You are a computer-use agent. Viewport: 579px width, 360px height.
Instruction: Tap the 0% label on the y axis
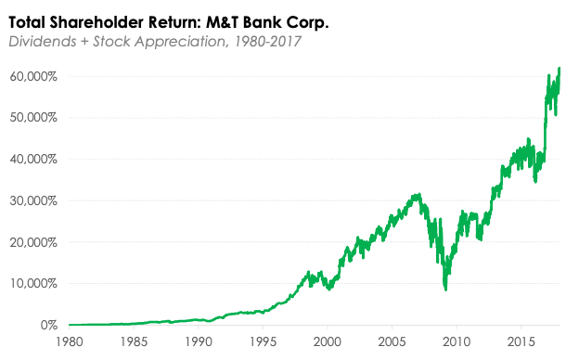tap(49, 326)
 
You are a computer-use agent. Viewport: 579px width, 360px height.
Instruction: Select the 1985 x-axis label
tap(134, 341)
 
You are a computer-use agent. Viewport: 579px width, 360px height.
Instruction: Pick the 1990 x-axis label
tap(198, 341)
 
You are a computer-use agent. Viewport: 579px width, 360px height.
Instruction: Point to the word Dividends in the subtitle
tap(38, 42)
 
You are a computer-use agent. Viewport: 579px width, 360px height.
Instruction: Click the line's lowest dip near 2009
tap(446, 289)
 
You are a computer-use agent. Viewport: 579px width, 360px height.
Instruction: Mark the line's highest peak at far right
tap(560, 68)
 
